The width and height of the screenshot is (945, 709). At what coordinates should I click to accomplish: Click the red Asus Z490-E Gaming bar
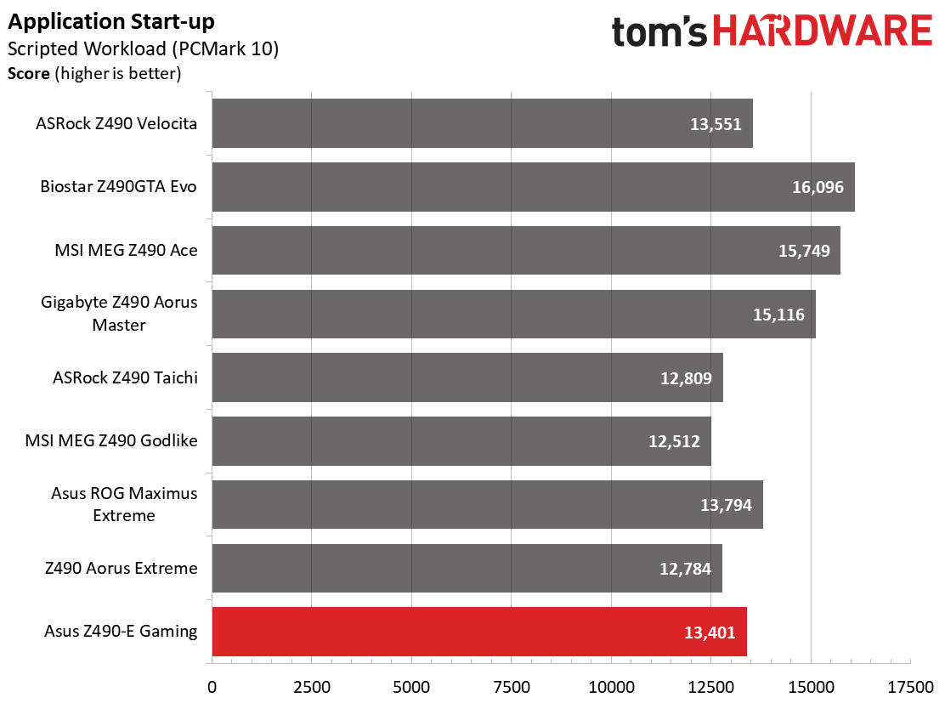(x=479, y=632)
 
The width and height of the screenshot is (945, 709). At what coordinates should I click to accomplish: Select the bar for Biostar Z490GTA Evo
(x=534, y=187)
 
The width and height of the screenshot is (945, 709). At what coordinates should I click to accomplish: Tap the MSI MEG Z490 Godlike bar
(x=461, y=441)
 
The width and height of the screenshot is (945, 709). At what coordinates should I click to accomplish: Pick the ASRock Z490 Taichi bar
(x=467, y=377)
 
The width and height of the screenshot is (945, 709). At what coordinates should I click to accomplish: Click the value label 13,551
(x=716, y=124)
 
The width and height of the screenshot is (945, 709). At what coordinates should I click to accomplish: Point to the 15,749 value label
(x=804, y=251)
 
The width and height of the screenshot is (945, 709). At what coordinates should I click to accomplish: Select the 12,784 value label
(x=685, y=569)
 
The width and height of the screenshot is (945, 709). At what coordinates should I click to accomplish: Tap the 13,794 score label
(x=726, y=505)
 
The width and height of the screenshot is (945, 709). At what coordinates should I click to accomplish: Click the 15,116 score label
(x=778, y=314)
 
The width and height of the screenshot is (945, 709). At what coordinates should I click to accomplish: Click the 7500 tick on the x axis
(x=511, y=687)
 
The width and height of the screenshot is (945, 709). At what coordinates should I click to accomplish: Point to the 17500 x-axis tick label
(x=910, y=687)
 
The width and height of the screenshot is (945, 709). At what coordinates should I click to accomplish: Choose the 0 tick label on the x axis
(x=212, y=687)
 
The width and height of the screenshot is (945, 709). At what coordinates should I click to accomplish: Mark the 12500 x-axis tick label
(x=711, y=687)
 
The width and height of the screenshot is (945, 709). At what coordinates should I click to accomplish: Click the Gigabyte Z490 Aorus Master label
(x=119, y=314)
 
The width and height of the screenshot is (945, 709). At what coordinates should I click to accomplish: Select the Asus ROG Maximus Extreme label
(x=124, y=504)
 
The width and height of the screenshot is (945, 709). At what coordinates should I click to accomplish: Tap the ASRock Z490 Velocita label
(x=116, y=123)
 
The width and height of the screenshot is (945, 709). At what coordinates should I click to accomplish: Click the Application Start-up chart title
(x=110, y=22)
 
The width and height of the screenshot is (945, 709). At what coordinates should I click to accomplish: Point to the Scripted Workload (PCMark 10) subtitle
(x=143, y=48)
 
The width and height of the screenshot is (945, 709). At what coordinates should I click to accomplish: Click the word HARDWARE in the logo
(x=823, y=31)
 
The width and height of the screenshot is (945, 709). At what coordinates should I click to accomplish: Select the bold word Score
(x=28, y=74)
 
